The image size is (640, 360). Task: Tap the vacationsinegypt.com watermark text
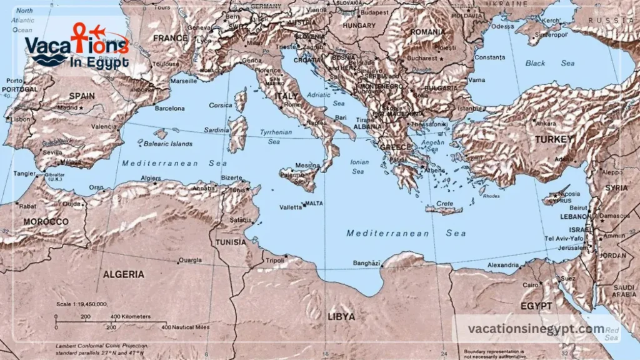pos(536,329)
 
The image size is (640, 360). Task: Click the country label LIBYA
pos(341,317)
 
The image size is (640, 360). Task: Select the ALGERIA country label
pos(123,274)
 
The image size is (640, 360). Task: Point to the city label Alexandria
pos(502,265)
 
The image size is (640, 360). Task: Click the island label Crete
pos(445,204)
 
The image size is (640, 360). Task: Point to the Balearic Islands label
pos(168,144)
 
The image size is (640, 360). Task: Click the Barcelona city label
pos(169,108)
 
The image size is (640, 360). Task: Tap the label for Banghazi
pos(367,263)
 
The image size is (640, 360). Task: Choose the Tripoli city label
pos(274,261)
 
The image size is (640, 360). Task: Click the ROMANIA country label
pos(429,32)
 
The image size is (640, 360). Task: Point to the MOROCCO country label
pos(46,222)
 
